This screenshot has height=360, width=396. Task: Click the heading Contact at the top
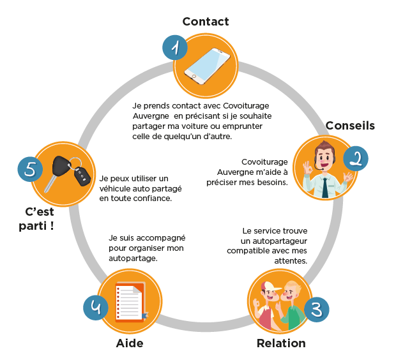pos(205,22)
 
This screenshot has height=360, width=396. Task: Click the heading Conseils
pos(350,126)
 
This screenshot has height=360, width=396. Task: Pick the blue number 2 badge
pos(356,158)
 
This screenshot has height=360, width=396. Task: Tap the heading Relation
pos(281,343)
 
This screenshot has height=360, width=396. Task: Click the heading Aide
pos(130,343)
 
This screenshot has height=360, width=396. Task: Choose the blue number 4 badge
pos(96,307)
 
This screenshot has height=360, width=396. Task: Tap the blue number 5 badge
pos(29,169)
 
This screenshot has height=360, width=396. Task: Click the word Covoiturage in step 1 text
pos(250,105)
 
